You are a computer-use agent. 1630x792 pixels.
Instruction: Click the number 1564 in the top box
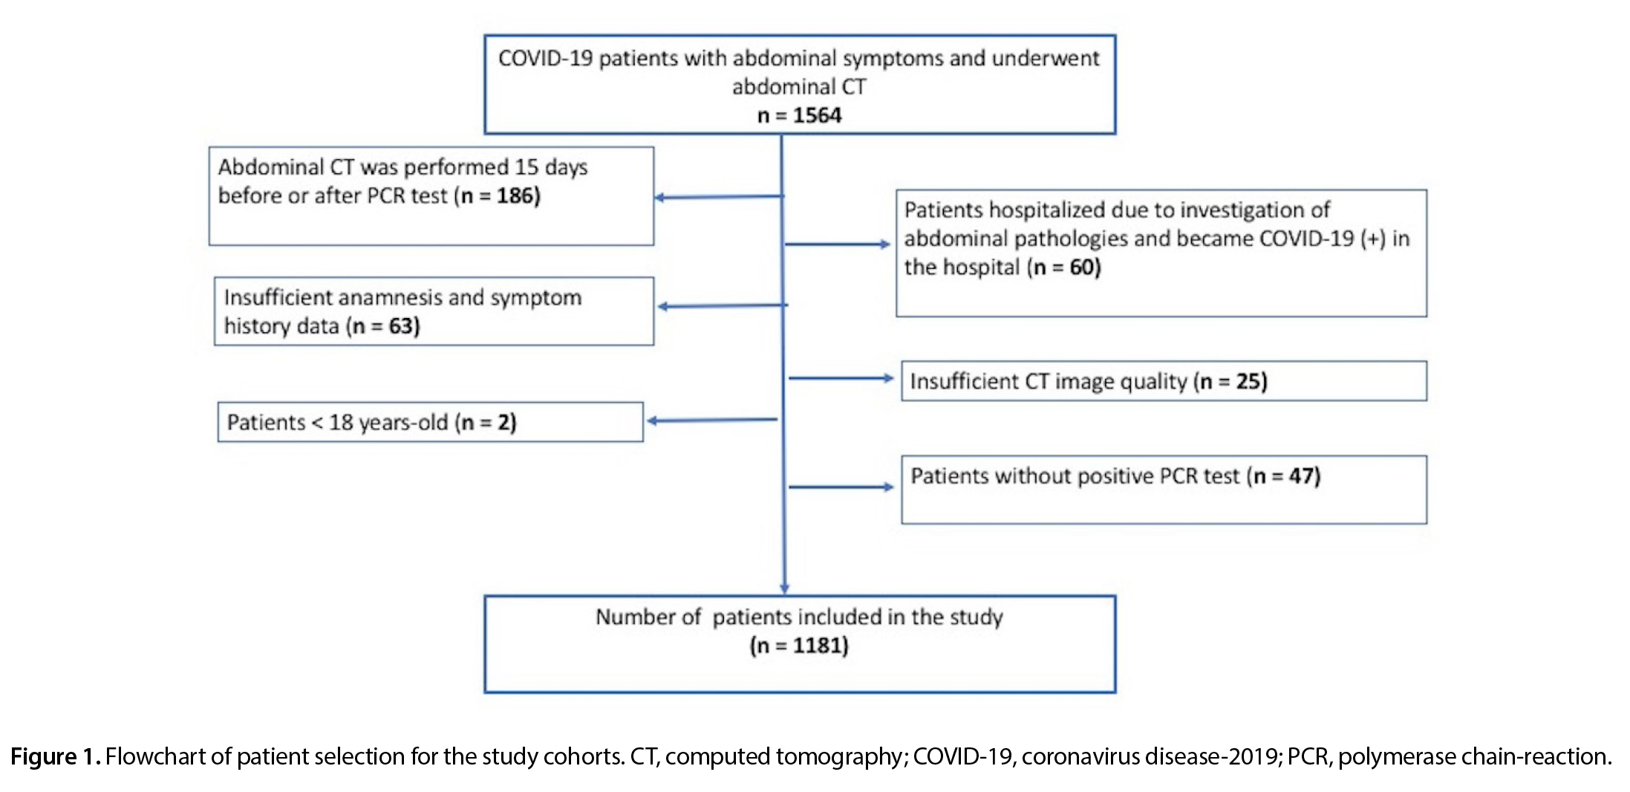817,116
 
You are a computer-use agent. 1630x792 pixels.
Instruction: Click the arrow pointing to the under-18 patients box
712,421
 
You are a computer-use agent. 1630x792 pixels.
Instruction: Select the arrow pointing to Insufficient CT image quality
841,378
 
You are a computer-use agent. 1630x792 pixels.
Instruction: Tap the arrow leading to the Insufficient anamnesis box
723,305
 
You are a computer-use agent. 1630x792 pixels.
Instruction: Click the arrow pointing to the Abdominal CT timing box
719,197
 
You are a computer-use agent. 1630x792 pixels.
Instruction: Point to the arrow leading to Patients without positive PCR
841,487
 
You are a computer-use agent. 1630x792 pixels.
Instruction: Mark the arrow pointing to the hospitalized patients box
838,244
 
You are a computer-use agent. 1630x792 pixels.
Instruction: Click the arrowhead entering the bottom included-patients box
784,589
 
